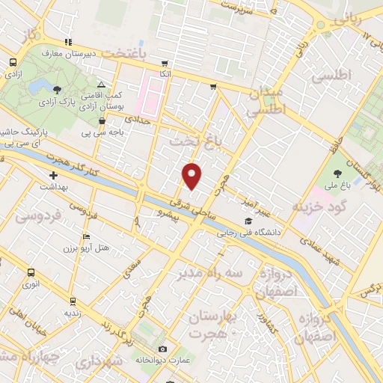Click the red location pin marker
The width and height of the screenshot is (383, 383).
coord(192,176)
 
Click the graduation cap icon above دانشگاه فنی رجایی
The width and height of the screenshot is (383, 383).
coord(248,221)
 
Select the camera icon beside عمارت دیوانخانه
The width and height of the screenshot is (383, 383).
coord(163,349)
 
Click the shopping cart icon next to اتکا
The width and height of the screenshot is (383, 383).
coord(164,64)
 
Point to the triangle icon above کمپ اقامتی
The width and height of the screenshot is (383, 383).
coord(102,84)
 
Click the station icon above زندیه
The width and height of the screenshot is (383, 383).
coord(72,302)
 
